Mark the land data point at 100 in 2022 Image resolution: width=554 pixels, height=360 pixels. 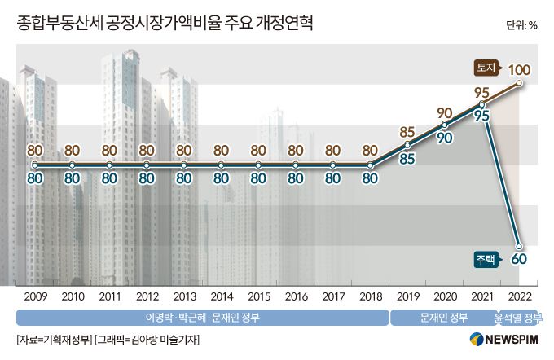[x=520, y=83]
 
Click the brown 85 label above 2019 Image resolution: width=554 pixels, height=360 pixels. [x=408, y=131]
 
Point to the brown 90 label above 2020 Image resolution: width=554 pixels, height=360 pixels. [x=445, y=112]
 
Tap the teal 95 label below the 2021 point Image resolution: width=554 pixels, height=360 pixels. [x=481, y=116]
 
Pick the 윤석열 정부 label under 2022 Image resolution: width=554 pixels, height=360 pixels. [x=518, y=317]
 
